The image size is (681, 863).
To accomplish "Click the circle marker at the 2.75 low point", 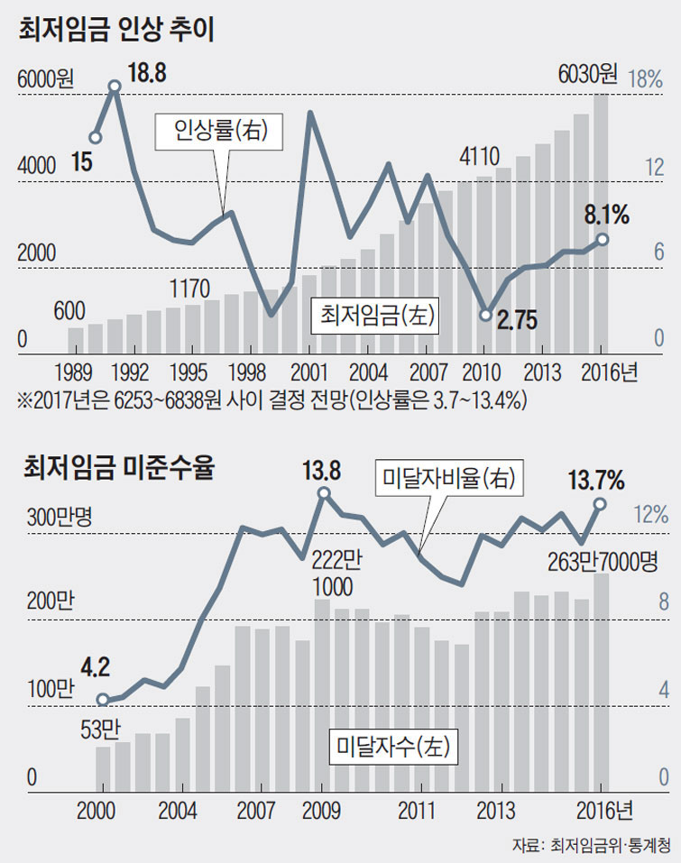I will [x=485, y=315].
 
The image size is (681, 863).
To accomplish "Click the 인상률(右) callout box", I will [x=217, y=132].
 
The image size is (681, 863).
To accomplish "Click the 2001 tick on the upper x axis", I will [x=309, y=372].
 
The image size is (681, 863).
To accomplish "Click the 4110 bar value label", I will [x=479, y=156].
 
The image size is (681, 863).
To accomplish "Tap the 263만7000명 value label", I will [x=603, y=561].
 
